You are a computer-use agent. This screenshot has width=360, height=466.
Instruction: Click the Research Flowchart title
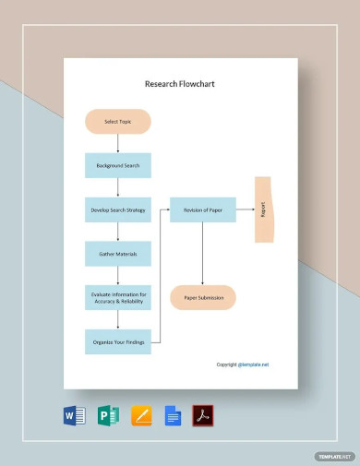click(x=180, y=83)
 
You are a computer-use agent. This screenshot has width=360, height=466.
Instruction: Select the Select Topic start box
click(x=118, y=122)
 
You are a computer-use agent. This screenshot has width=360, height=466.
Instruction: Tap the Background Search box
click(x=118, y=166)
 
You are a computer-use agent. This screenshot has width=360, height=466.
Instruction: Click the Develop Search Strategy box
click(x=118, y=209)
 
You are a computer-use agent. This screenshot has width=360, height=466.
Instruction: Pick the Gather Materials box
click(x=118, y=253)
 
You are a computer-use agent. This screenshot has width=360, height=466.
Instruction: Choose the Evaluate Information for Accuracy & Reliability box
click(x=118, y=297)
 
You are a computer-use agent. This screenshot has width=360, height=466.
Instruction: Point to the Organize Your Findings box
click(x=118, y=341)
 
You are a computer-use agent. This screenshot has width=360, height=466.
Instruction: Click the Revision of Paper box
click(x=202, y=209)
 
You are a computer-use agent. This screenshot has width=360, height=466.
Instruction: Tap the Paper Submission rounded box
click(x=202, y=297)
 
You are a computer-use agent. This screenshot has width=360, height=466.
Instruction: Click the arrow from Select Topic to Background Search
click(x=118, y=143)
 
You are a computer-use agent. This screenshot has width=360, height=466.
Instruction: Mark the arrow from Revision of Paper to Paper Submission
click(x=202, y=254)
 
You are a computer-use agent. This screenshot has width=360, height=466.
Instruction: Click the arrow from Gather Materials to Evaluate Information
click(x=118, y=275)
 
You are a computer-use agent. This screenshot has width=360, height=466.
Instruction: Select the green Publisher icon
click(x=108, y=415)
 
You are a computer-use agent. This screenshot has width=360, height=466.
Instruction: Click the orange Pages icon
click(x=140, y=415)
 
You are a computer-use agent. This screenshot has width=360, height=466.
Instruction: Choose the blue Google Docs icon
click(x=172, y=415)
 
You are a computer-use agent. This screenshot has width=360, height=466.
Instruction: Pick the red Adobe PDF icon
click(x=202, y=415)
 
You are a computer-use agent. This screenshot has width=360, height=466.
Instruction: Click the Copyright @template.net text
click(x=243, y=364)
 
